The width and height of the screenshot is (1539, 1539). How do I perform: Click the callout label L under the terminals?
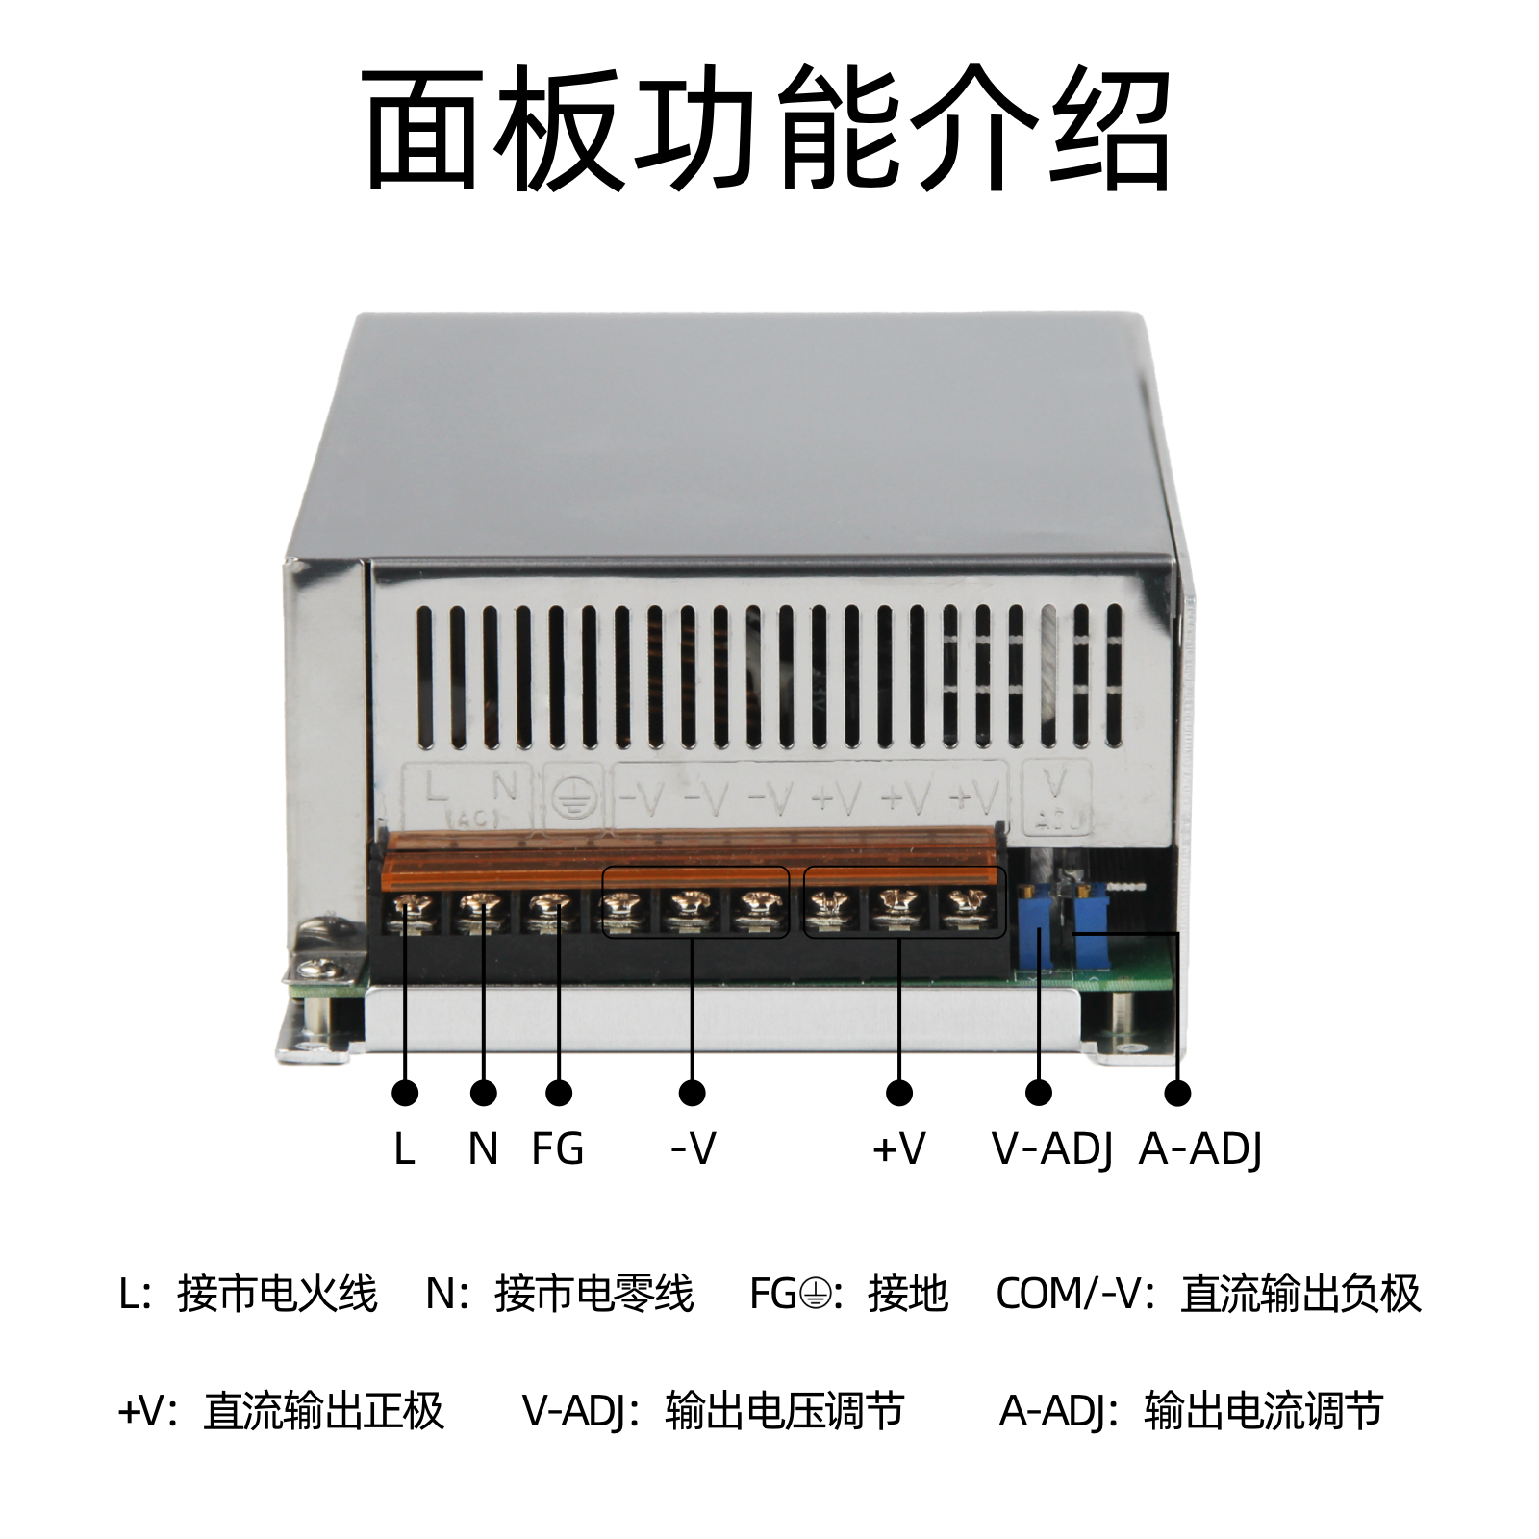(404, 1148)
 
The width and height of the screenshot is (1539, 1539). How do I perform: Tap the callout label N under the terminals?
(483, 1148)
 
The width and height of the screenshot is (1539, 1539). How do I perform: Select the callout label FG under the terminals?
(558, 1148)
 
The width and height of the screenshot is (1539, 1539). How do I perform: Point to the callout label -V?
(693, 1148)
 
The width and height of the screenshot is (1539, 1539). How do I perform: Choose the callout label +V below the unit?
(898, 1148)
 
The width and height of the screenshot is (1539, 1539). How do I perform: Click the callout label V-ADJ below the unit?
(1052, 1149)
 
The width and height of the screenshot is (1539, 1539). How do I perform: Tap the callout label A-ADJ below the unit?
(1200, 1149)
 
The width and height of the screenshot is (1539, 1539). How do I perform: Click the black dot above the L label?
(405, 1093)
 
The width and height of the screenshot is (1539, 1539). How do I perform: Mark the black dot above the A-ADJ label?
(1177, 1093)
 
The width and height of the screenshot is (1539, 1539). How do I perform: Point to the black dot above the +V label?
(899, 1093)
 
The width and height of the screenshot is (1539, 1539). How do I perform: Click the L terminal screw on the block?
(412, 906)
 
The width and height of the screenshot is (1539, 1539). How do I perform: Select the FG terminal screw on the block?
(548, 906)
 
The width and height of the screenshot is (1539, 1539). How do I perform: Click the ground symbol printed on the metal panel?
(574, 796)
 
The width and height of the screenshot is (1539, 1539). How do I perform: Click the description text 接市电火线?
(277, 1294)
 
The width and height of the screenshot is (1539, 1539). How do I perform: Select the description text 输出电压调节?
(785, 1411)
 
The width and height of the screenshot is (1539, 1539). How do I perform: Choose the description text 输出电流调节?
(1264, 1411)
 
